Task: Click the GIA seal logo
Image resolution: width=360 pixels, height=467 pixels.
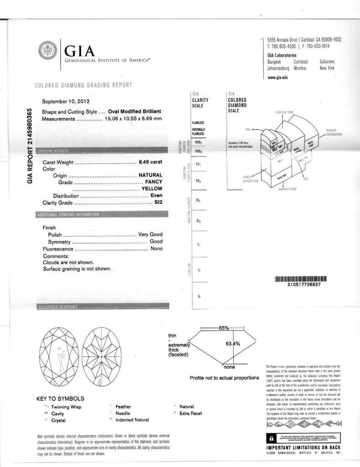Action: point(47,50)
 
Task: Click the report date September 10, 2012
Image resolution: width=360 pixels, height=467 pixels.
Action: point(66,101)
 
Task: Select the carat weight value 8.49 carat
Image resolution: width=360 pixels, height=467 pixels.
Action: point(150,162)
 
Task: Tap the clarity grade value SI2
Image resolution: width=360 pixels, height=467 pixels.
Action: point(158,202)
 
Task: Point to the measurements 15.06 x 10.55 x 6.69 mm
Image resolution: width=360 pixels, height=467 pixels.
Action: point(133,119)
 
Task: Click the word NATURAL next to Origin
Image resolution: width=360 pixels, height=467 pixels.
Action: point(151,175)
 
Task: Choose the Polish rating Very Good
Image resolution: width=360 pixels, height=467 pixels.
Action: point(150,234)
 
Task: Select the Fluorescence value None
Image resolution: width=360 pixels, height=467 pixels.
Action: point(156,249)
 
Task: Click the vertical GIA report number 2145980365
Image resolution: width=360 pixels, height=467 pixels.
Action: point(30,145)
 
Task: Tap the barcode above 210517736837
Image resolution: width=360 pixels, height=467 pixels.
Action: point(301,278)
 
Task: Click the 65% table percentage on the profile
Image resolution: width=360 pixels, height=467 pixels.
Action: point(224,328)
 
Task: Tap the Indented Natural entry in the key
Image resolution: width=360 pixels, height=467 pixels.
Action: point(132,420)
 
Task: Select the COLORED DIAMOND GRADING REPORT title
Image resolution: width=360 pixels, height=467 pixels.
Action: point(83,85)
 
